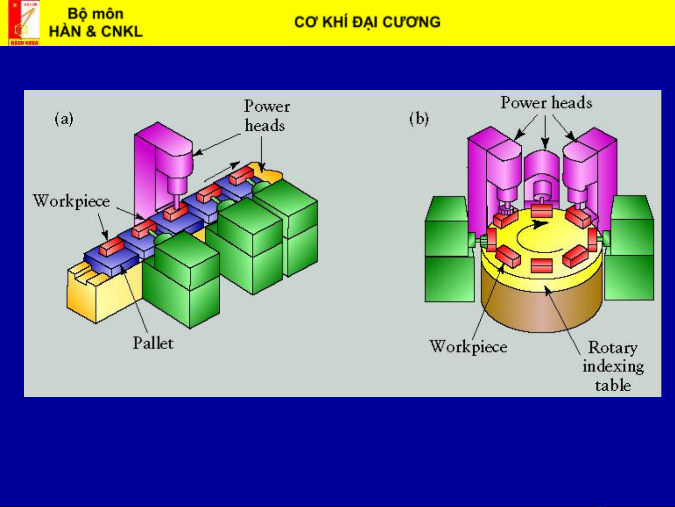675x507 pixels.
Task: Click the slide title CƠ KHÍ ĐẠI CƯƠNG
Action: [x=367, y=22]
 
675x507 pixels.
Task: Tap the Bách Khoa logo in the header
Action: [x=24, y=23]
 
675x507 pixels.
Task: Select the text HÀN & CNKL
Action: [x=96, y=31]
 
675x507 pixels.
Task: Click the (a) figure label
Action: [x=64, y=119]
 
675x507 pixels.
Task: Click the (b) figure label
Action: [x=419, y=119]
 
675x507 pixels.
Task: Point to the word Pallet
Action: [x=153, y=343]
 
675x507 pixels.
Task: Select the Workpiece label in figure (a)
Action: [x=71, y=201]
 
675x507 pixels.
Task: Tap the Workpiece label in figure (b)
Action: [x=468, y=347]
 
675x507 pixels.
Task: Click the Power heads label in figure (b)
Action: [x=546, y=103]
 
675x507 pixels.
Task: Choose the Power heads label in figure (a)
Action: [x=266, y=116]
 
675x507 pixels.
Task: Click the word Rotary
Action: [x=613, y=348]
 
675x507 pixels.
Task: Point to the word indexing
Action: [x=613, y=366]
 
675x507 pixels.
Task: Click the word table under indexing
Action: [x=613, y=386]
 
